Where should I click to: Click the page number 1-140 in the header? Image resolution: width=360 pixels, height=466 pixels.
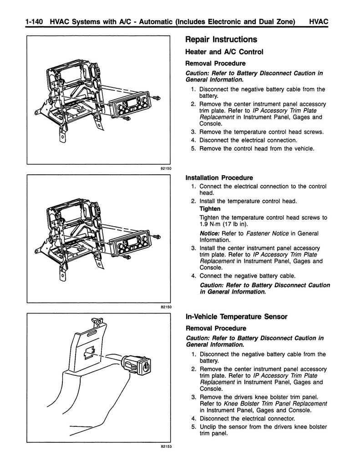(35, 22)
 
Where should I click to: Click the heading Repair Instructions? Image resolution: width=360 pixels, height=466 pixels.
(221, 40)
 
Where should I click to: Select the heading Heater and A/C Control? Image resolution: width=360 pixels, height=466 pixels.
(224, 52)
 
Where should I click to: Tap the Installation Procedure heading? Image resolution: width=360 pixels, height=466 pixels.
(219, 178)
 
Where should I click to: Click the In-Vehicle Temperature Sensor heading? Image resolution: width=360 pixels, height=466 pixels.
(236, 317)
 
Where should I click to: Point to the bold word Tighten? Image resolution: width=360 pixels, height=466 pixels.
(210, 208)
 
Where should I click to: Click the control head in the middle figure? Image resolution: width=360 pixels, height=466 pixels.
(130, 244)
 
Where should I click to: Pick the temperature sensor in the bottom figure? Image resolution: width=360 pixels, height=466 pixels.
(136, 365)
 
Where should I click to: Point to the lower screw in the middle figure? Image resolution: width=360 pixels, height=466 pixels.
(127, 256)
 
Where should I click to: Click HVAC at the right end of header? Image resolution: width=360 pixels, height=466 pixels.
(319, 22)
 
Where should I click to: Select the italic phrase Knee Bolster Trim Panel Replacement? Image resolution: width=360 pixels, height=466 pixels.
(275, 404)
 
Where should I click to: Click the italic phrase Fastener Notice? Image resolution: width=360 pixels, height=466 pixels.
(267, 233)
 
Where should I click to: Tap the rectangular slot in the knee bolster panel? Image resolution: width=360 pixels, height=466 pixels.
(89, 352)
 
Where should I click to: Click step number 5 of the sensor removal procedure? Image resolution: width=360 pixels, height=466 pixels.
(194, 427)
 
